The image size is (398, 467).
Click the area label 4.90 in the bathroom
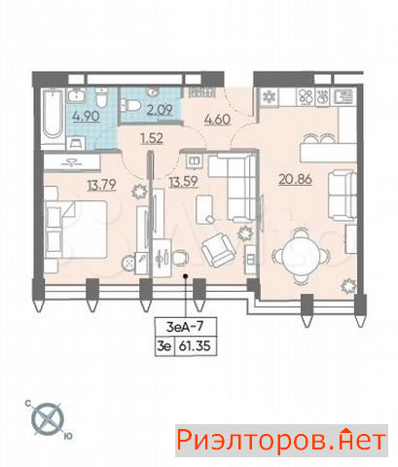87,116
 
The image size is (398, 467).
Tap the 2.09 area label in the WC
160,110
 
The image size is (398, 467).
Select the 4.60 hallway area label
217,119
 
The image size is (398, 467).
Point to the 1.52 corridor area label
152,138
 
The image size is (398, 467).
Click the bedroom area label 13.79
101,185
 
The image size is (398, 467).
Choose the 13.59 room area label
183,181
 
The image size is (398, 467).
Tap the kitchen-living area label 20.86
295,179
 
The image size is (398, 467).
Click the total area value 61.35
195,346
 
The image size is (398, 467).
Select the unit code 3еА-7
185,326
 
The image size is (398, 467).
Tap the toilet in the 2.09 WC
133,104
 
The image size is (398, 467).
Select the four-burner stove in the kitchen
306,96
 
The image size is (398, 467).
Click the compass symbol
48,419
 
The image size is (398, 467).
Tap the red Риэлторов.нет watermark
281,441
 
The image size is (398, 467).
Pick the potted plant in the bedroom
140,191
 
